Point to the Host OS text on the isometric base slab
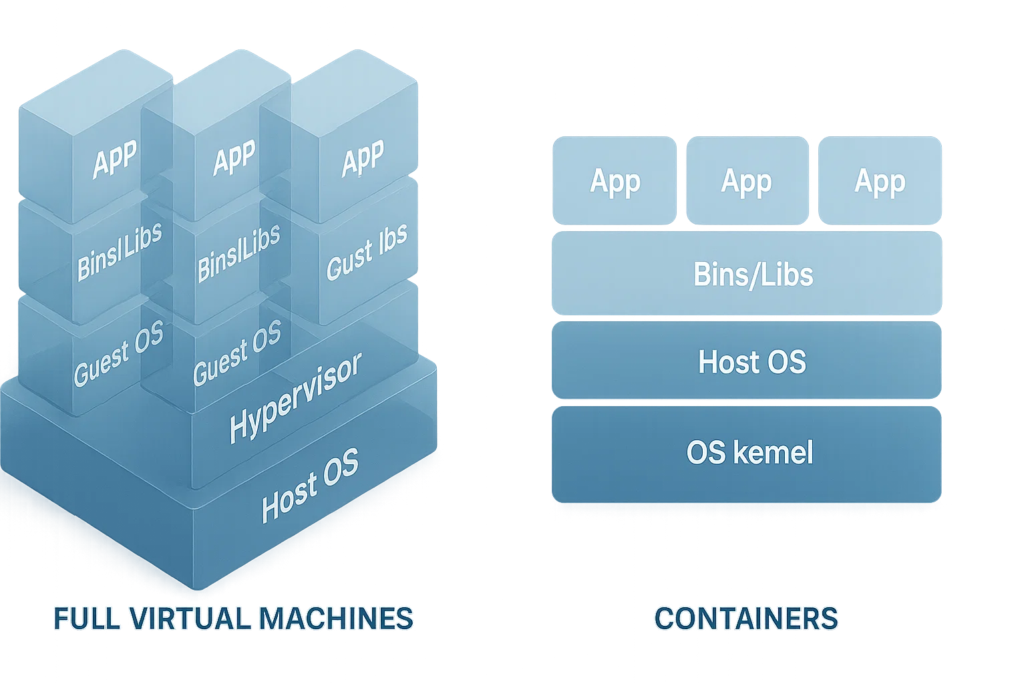coord(310,485)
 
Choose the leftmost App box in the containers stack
coord(615,181)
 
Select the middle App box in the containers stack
coord(747,181)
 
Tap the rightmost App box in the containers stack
coord(880,181)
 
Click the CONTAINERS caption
coord(745,618)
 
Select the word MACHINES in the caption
coord(335,619)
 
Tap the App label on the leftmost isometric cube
coord(115,160)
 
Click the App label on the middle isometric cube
coord(234,158)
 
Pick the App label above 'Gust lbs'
coord(363,158)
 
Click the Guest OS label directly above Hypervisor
coord(237,351)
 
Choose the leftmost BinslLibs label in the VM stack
coord(119,252)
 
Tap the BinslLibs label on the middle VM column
coord(238,252)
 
